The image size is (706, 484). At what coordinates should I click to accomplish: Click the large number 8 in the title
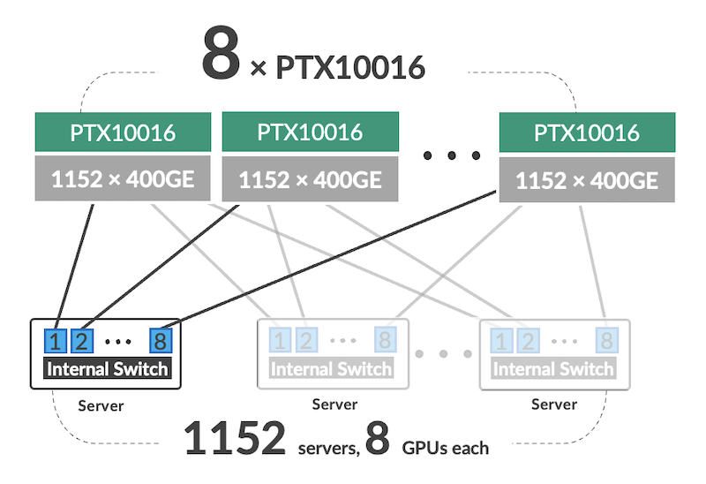coord(220,55)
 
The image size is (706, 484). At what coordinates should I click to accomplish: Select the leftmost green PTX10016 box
coord(123,133)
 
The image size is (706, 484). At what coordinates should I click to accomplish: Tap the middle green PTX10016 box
coord(310,132)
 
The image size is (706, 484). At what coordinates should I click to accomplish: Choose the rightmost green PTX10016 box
coord(586,133)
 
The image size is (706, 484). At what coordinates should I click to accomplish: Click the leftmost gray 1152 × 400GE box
coord(123,179)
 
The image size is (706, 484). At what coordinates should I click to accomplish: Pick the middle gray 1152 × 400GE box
coord(310,179)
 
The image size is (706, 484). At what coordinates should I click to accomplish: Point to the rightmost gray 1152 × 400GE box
coord(586,180)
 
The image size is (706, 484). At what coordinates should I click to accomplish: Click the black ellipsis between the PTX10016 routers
coord(451,156)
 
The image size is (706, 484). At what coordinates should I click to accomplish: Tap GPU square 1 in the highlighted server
coord(55,340)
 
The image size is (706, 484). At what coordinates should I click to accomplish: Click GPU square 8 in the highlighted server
coord(160,340)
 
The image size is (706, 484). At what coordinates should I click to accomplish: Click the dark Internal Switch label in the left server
coord(106,368)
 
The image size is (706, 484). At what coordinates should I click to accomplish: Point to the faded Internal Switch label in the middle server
coord(332,368)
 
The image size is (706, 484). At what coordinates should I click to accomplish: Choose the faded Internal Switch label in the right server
coord(553,368)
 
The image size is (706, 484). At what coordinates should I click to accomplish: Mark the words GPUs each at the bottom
coord(445,448)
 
